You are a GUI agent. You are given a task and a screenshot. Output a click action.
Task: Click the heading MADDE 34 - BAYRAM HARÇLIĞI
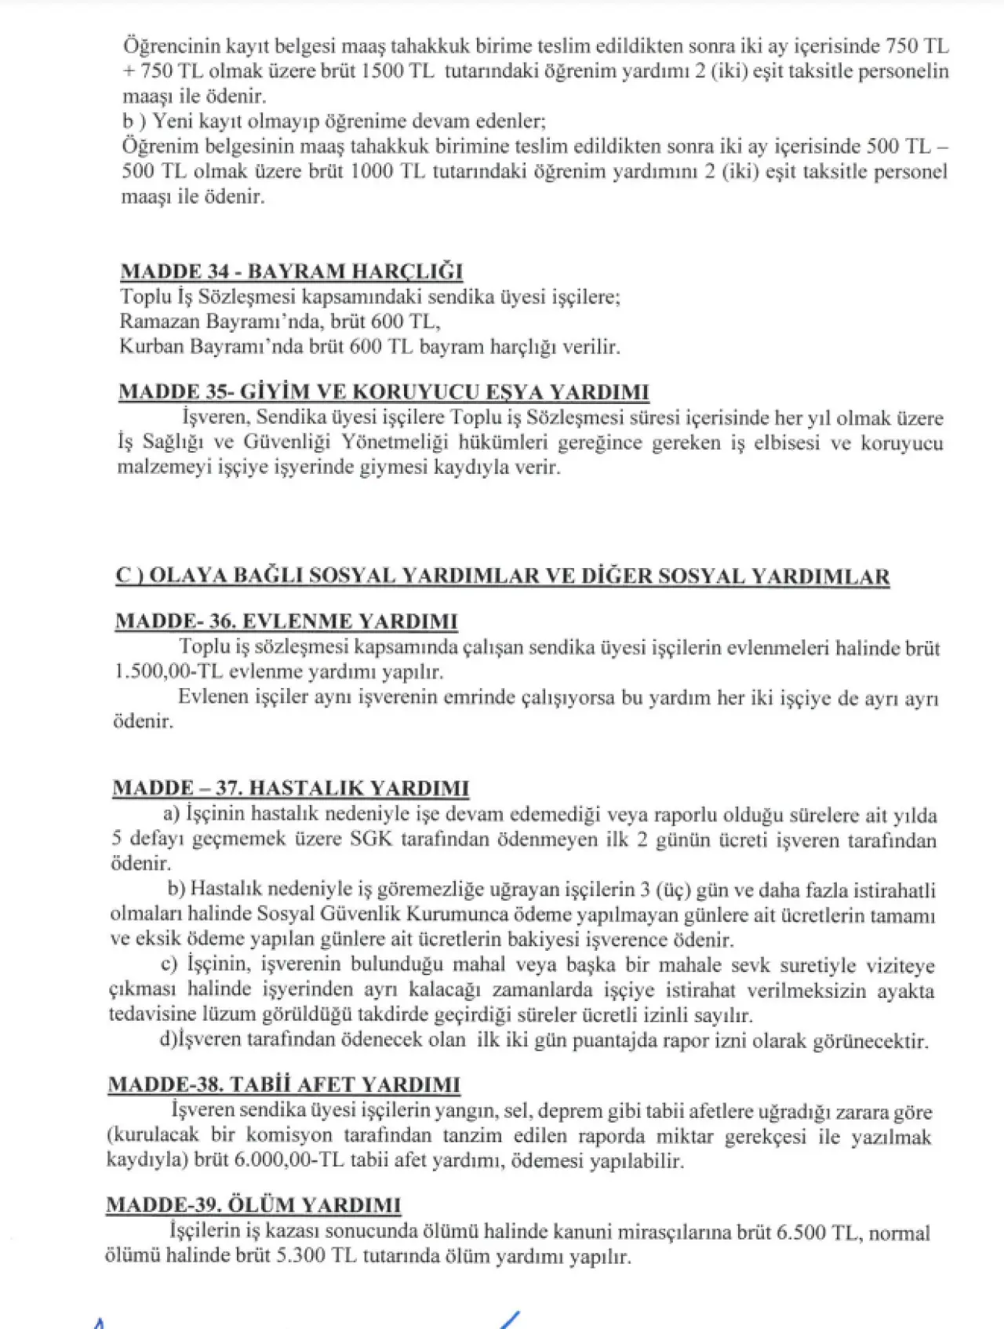tap(291, 271)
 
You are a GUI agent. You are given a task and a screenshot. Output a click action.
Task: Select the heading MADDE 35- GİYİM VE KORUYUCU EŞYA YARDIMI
tap(384, 392)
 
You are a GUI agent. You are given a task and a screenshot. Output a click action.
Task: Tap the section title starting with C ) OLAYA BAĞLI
tap(502, 577)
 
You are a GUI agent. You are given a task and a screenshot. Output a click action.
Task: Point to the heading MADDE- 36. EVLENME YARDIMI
tap(286, 621)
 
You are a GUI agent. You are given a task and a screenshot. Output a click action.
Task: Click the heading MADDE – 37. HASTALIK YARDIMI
tap(291, 788)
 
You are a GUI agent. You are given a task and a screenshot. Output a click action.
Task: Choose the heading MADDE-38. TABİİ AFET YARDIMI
tap(284, 1085)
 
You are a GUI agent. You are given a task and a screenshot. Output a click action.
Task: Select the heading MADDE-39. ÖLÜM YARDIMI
tap(253, 1205)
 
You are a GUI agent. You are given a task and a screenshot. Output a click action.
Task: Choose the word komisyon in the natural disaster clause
tap(290, 1136)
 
